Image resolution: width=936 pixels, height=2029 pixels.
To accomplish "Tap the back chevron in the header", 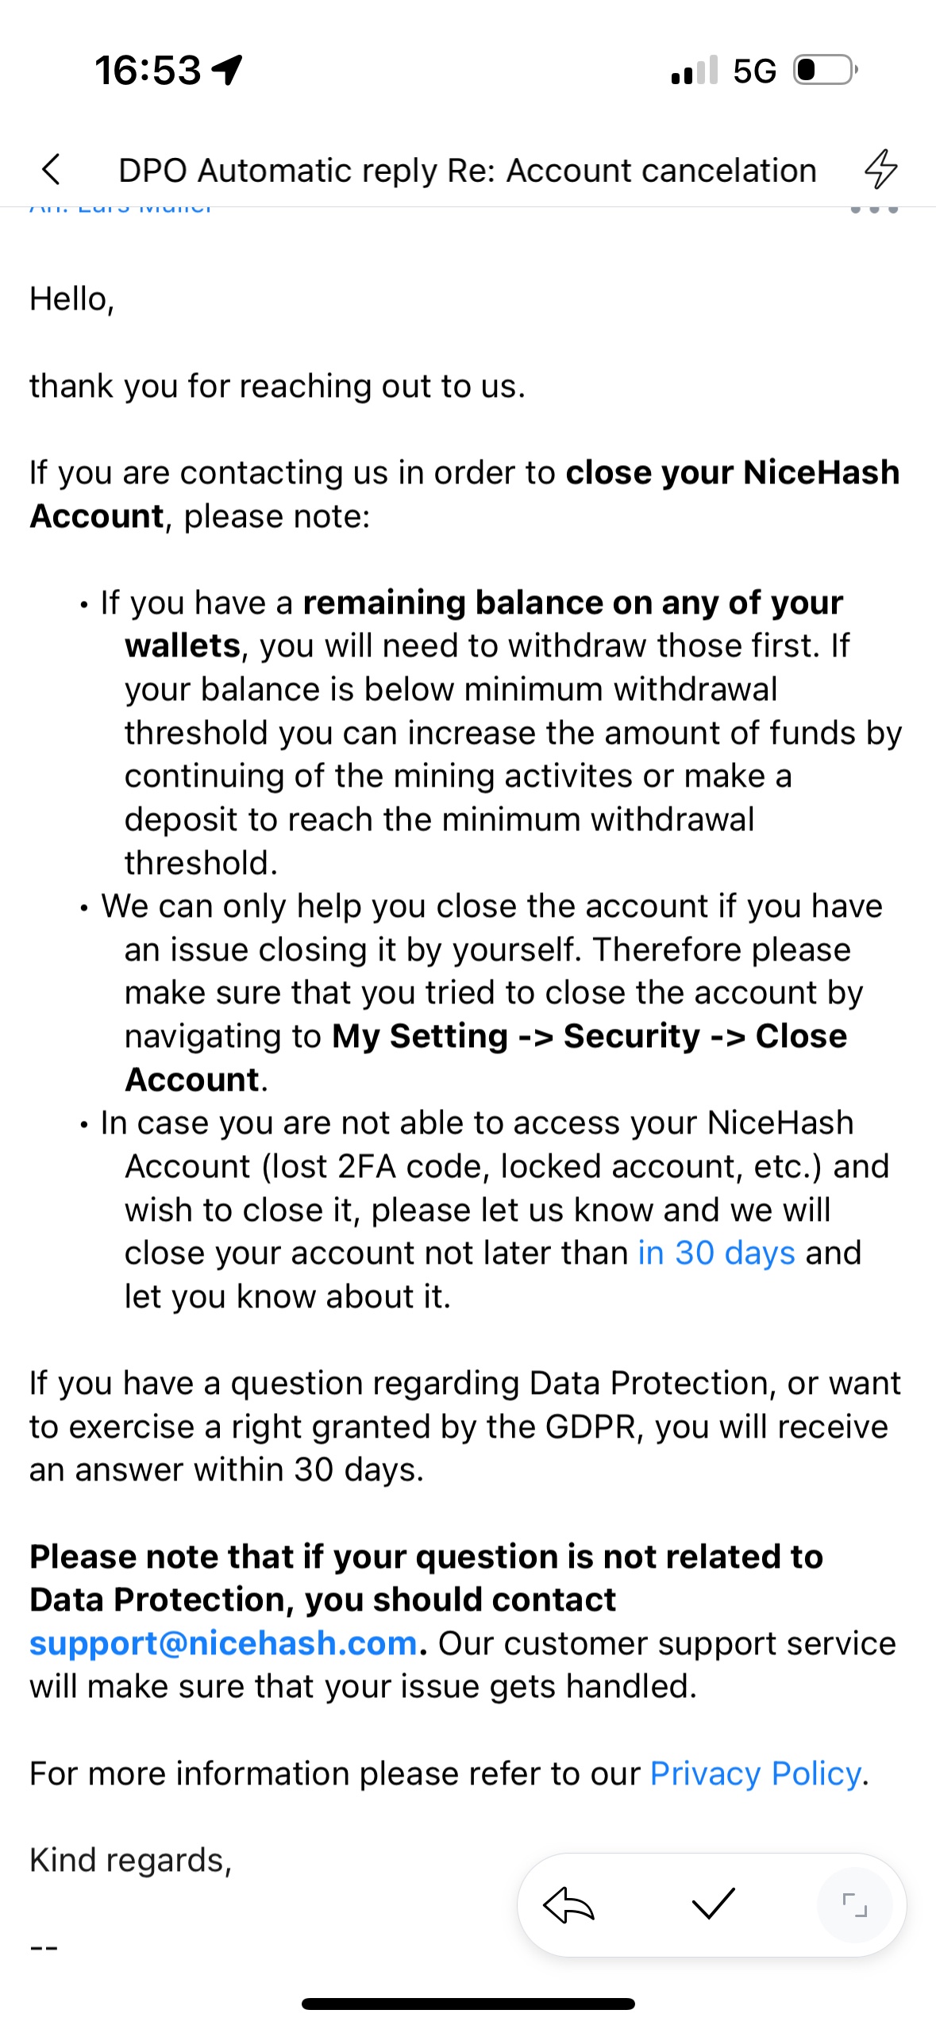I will coord(51,169).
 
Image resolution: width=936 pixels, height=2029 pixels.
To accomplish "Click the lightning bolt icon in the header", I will coord(880,169).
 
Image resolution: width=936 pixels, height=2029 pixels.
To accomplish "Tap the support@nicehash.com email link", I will coord(223,1643).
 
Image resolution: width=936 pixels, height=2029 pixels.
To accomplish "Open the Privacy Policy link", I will coord(755,1773).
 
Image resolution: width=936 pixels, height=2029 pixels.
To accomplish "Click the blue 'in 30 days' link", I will coord(716,1253).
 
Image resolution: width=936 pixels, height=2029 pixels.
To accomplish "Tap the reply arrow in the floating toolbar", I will coord(568,1905).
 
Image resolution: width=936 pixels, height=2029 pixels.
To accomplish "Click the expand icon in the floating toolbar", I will coord(854,1904).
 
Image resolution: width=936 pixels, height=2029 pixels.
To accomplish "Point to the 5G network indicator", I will coord(754,71).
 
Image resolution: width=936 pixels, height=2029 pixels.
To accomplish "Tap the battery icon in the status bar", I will coord(825,70).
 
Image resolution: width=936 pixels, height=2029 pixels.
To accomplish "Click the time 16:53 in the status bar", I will coord(148,70).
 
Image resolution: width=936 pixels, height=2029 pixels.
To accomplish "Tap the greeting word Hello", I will coord(68,299).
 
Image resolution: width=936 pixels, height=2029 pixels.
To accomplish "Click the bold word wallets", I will coord(183,646).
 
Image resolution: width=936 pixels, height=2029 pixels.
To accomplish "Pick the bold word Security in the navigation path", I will coord(632,1036).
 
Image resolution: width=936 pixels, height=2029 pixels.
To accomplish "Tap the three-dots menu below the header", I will coord(873,209).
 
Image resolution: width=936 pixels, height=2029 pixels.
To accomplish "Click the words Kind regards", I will coord(129,1860).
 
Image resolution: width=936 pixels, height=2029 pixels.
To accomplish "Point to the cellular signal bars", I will coord(694,71).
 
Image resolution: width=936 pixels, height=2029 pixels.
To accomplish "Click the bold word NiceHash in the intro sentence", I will coord(821,472).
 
